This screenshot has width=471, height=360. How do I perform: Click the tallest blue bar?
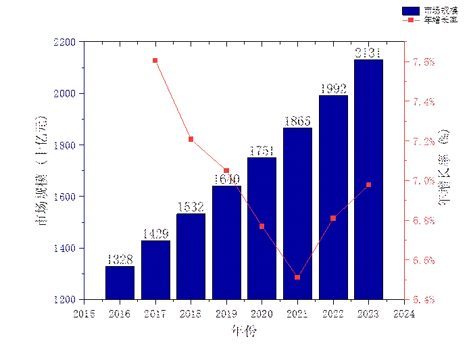tap(368, 179)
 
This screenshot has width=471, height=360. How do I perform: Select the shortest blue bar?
tap(120, 283)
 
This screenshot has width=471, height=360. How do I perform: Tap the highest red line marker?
tap(155, 61)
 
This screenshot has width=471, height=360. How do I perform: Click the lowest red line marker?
tap(297, 277)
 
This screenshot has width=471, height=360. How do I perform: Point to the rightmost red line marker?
tap(368, 184)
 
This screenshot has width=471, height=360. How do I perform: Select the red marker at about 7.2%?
tap(191, 139)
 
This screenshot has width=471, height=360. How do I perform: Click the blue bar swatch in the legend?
tap(411, 11)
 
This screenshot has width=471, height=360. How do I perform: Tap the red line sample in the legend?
tap(411, 20)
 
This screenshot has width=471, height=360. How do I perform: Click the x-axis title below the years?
tap(244, 331)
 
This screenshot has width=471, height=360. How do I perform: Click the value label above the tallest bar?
tap(368, 53)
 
